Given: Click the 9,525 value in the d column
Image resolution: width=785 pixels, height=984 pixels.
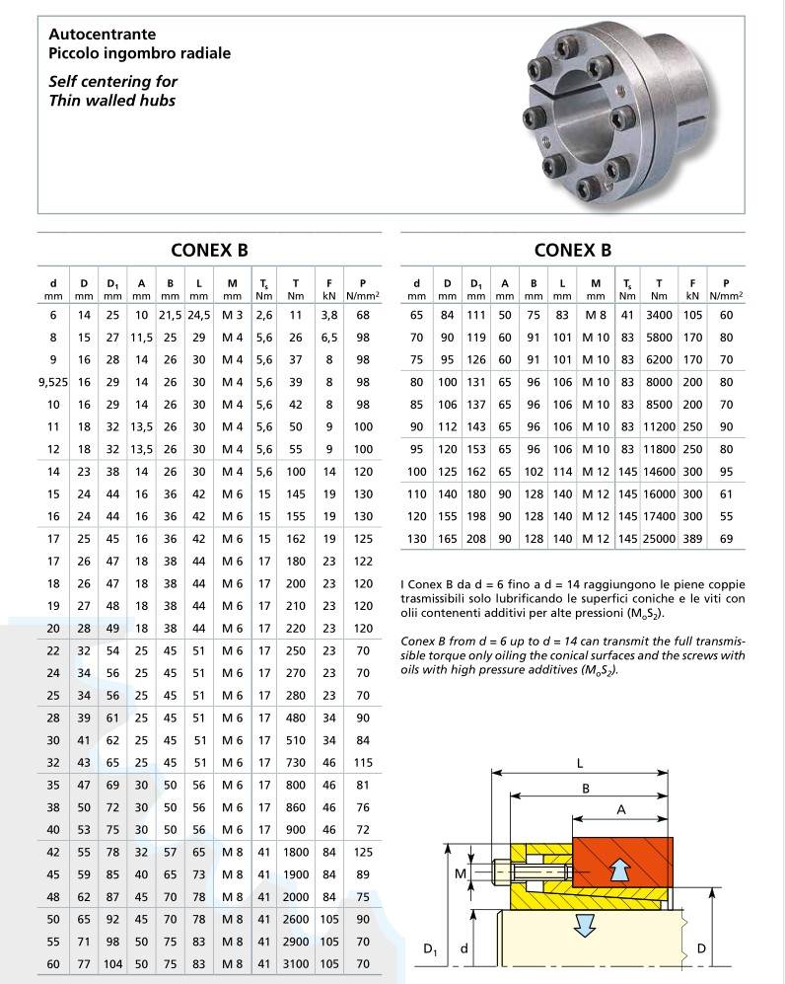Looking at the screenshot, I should pos(52,382).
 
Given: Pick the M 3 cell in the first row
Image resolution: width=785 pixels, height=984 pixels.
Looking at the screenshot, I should pos(232,315).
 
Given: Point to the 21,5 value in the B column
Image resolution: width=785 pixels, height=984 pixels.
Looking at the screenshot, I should pos(170,315).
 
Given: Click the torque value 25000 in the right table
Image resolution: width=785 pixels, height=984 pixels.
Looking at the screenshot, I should pos(660,538).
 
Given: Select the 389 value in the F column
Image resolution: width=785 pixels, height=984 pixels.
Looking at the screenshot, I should pos(693,538).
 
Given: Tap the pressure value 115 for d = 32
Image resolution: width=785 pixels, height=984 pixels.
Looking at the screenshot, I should pos(363,762).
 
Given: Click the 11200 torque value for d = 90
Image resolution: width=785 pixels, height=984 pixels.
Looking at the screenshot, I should pos(660,426).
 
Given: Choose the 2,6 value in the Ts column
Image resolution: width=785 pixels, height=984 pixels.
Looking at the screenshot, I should pos(263,315).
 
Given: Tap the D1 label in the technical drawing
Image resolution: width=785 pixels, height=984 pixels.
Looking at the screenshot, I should pos(430,950).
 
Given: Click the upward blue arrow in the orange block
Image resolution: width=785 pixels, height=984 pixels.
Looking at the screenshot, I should pos(618,869).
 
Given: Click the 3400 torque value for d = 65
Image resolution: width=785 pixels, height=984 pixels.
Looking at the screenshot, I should pos(660,315).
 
